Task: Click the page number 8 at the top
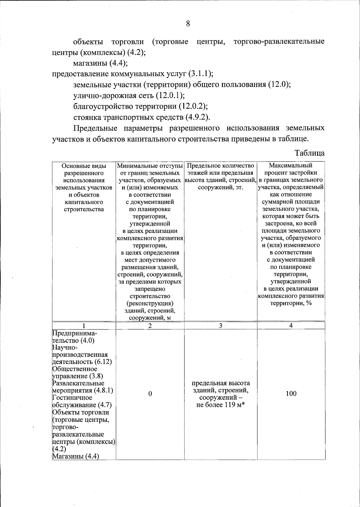[x=188, y=24]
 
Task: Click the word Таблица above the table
[x=310, y=153]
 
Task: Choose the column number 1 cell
[x=84, y=326]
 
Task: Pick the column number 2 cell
[x=150, y=326]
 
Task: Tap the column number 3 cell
[x=220, y=326]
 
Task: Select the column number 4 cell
[x=291, y=326]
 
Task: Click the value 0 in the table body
[x=150, y=394]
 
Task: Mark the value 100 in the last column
[x=291, y=394]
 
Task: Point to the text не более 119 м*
[x=221, y=405]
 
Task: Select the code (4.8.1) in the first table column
[x=103, y=391]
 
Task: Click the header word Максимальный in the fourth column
[x=290, y=166]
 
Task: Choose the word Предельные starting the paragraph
[x=95, y=128]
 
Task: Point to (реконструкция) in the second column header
[x=150, y=303]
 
